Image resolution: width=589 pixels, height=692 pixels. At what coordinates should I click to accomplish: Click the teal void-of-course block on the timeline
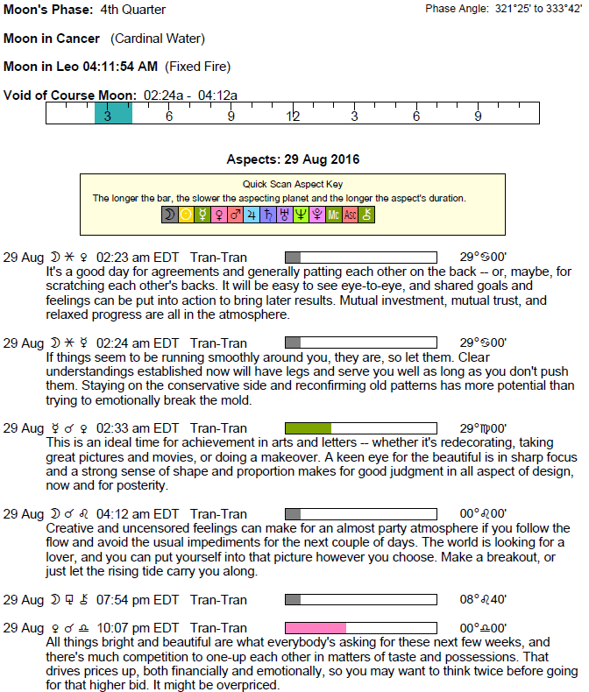113,113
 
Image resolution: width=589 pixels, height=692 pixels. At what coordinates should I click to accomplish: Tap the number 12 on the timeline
293,117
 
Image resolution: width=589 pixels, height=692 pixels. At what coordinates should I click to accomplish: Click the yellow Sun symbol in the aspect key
187,214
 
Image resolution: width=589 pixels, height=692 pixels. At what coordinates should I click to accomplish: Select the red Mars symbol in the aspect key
235,214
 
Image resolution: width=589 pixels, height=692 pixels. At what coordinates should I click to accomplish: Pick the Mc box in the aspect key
333,214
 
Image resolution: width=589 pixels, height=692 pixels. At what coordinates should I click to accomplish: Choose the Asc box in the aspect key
350,214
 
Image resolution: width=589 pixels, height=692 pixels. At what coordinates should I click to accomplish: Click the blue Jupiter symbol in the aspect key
252,214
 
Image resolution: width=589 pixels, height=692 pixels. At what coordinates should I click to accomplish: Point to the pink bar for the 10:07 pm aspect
316,628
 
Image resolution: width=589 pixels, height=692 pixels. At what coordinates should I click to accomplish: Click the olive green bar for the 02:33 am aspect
309,428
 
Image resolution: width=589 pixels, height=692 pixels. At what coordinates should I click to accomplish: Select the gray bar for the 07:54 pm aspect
294,600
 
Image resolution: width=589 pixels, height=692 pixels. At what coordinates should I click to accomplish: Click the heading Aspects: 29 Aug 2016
293,160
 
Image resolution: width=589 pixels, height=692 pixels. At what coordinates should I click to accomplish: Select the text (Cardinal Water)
158,39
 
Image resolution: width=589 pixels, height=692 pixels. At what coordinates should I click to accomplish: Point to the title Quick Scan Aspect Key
293,184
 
